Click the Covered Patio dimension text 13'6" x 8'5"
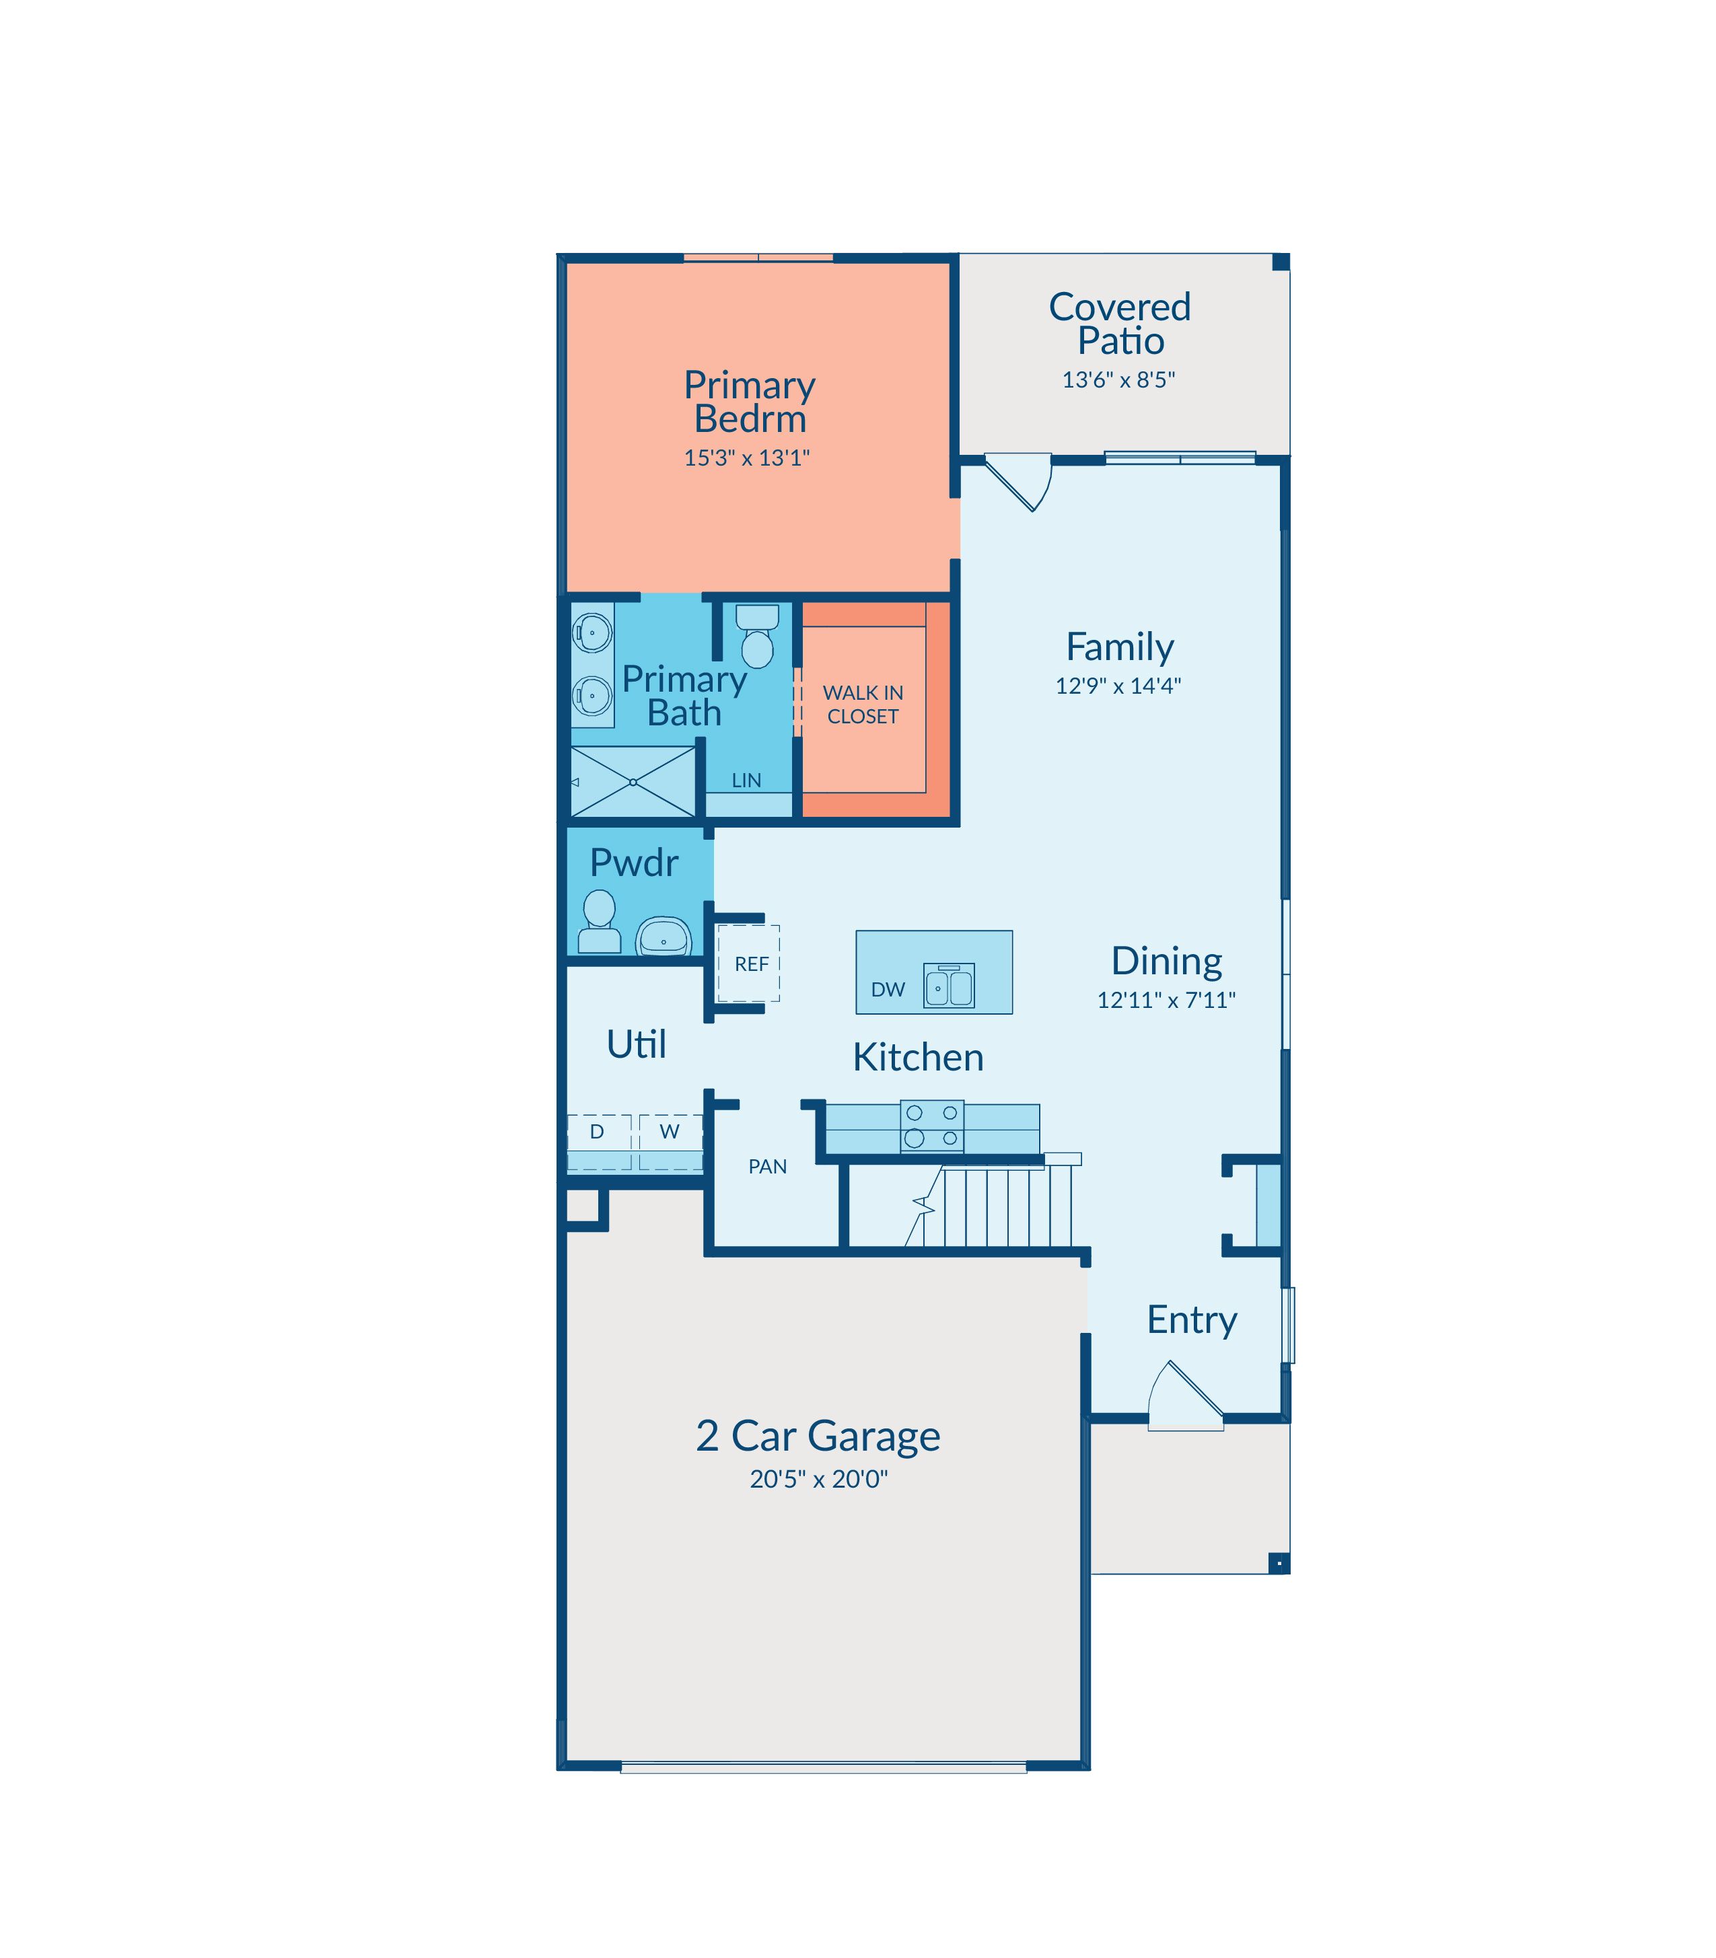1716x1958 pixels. tap(1118, 380)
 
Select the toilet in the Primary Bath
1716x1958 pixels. tap(758, 636)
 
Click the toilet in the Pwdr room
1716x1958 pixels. tap(600, 922)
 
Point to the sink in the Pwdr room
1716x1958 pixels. tap(664, 937)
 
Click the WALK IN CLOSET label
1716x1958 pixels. tap(863, 704)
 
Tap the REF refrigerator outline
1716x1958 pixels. tap(749, 964)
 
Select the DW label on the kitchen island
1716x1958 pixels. tap(888, 990)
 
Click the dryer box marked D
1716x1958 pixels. tap(598, 1141)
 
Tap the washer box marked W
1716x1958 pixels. tap(670, 1141)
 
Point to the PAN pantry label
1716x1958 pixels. tap(768, 1166)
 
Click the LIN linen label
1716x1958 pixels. tap(746, 781)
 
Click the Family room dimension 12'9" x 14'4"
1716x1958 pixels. tap(1118, 686)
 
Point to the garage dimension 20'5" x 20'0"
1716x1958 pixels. tap(819, 1480)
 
